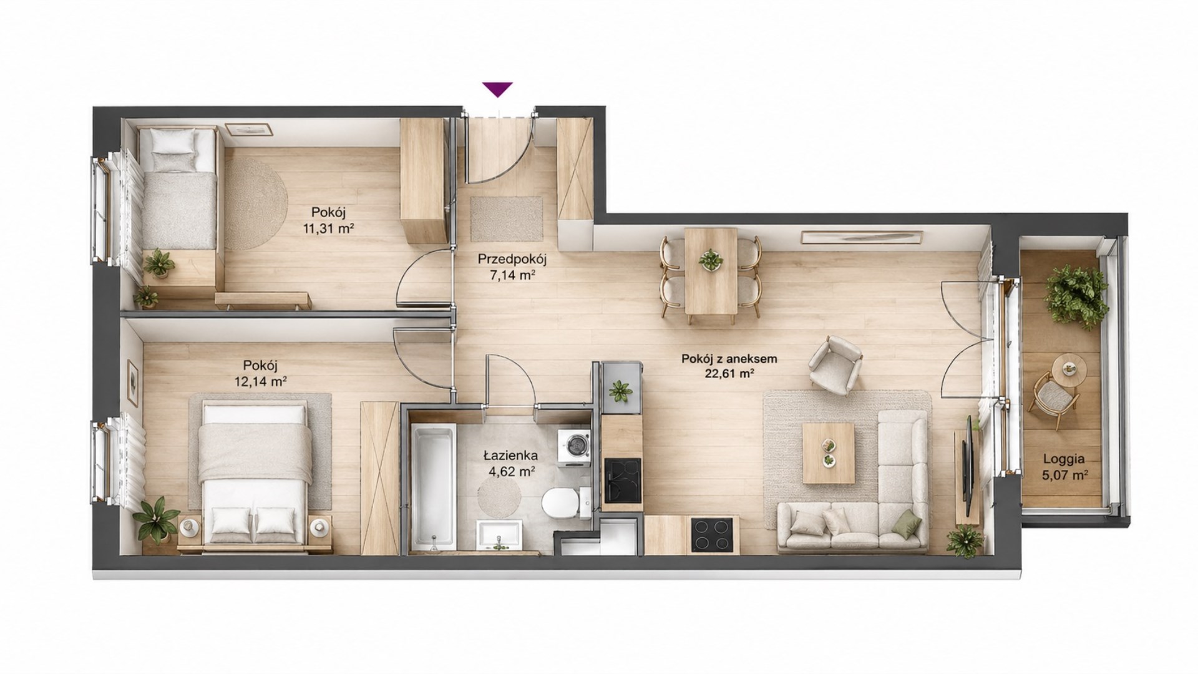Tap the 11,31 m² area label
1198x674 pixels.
[329, 228]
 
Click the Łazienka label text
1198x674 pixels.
[510, 456]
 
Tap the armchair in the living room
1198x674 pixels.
[835, 365]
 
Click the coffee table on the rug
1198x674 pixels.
[829, 453]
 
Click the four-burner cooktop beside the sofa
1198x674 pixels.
[713, 535]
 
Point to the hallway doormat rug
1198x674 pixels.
[507, 218]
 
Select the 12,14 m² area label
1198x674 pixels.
[261, 381]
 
